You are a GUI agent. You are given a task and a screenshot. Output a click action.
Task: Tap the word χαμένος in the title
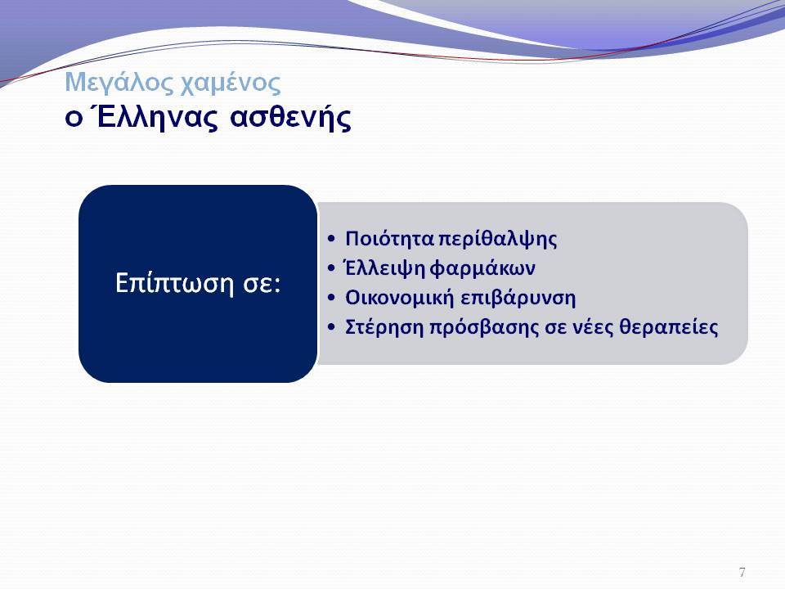pyautogui.click(x=230, y=83)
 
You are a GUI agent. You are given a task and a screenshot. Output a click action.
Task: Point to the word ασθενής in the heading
pyautogui.click(x=290, y=118)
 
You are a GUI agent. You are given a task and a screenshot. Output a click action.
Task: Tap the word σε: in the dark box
pyautogui.click(x=262, y=285)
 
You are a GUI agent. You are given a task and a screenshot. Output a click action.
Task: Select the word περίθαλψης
pyautogui.click(x=498, y=239)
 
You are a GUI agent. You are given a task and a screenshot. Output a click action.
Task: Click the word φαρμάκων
pyautogui.click(x=482, y=269)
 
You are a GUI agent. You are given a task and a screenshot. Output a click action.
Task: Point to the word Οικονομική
pyautogui.click(x=400, y=298)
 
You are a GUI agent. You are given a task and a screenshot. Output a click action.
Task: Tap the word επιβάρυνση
pyautogui.click(x=518, y=299)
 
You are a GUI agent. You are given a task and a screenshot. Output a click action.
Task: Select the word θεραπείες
pyautogui.click(x=669, y=327)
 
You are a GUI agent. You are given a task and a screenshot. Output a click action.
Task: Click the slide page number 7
pyautogui.click(x=742, y=572)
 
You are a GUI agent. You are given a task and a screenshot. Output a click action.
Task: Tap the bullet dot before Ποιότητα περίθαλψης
pyautogui.click(x=331, y=239)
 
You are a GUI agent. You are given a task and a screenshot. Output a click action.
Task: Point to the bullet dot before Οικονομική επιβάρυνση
pyautogui.click(x=331, y=299)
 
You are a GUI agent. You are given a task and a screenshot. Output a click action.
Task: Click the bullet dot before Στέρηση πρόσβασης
pyautogui.click(x=331, y=328)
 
